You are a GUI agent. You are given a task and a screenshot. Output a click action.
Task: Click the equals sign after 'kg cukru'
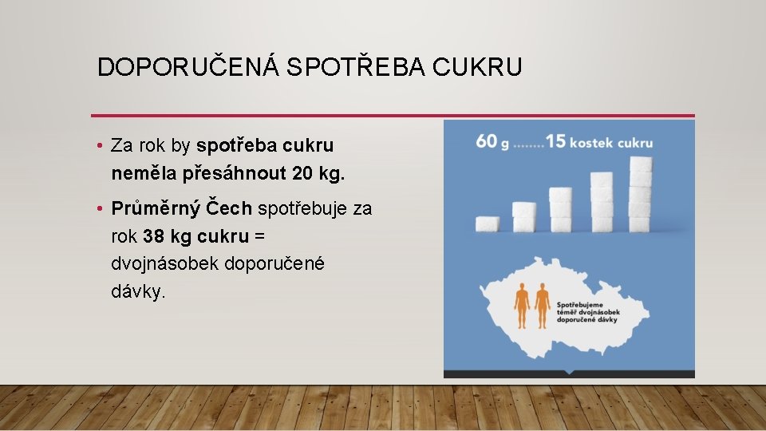(x=259, y=236)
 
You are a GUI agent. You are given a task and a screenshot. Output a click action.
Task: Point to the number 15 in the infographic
(x=556, y=142)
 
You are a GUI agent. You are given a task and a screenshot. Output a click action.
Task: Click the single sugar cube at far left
(x=487, y=223)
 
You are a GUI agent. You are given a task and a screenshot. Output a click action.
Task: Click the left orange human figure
(x=522, y=306)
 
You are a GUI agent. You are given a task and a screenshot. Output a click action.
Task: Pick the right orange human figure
(x=543, y=306)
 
